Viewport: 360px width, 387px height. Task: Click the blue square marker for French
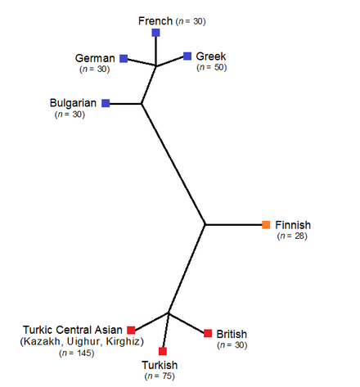click(x=155, y=33)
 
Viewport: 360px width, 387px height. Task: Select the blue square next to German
click(x=124, y=58)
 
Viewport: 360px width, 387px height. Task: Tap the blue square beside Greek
click(x=187, y=56)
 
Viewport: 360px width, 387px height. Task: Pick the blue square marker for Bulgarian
click(x=106, y=103)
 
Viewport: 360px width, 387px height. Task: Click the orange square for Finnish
click(x=266, y=225)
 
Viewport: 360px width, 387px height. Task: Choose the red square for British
click(x=208, y=333)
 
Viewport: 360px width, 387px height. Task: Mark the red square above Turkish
click(x=163, y=351)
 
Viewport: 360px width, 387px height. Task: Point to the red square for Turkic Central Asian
click(x=131, y=330)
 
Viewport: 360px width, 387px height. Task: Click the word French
click(x=155, y=21)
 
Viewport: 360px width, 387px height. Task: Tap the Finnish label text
click(x=293, y=225)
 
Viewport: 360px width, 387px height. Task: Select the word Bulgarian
click(x=73, y=103)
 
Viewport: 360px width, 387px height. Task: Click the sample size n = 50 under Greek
click(x=212, y=67)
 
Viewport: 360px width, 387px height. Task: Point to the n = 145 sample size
click(x=77, y=353)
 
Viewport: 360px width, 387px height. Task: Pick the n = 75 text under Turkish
click(x=160, y=376)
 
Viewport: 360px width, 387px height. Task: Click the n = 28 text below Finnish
click(x=292, y=236)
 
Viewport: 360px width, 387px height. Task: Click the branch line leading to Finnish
click(x=233, y=225)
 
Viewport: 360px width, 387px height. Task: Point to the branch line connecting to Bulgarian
click(x=125, y=104)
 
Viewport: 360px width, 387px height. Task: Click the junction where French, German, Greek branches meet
click(x=156, y=65)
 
